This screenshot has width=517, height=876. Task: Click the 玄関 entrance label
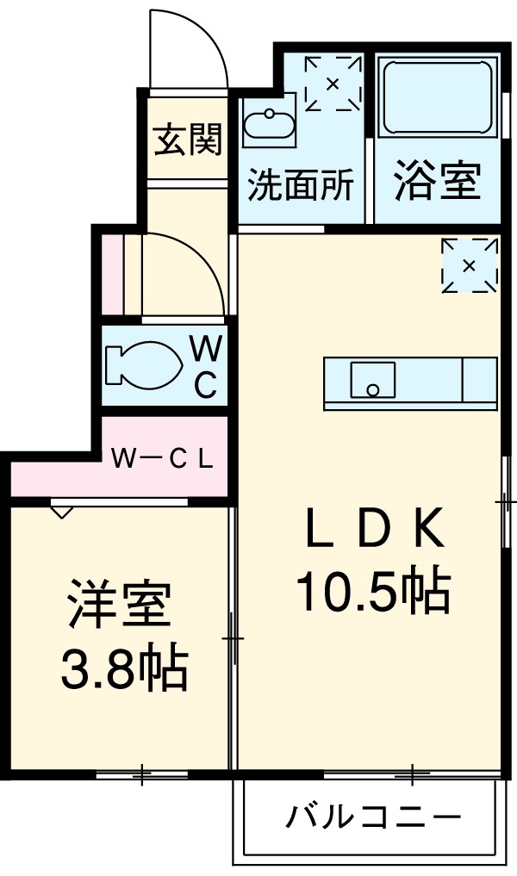[x=188, y=139]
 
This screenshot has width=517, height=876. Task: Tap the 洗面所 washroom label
[x=301, y=185]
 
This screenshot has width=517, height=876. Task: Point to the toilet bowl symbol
[x=143, y=365]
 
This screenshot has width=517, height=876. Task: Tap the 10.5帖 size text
[x=373, y=593]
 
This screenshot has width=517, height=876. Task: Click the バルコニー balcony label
[x=374, y=815]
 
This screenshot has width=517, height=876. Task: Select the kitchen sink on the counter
[x=372, y=379]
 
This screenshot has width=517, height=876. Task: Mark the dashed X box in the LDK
[x=469, y=264]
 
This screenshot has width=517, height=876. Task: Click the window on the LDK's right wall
[x=504, y=500]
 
